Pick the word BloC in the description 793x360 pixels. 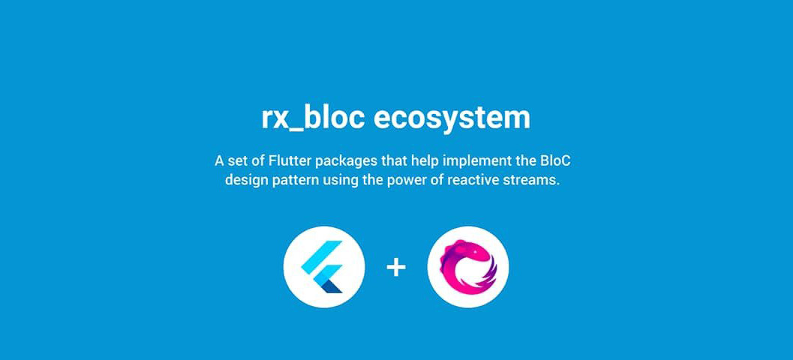563,161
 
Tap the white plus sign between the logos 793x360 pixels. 396,267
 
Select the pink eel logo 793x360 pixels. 468,267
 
